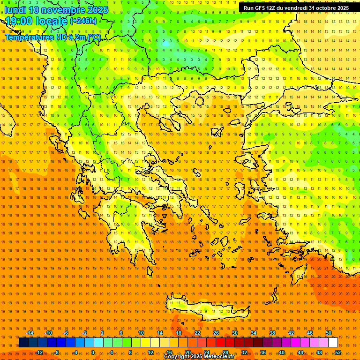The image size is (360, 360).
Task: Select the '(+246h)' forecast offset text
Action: (83, 21)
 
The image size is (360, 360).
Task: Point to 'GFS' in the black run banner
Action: (260, 8)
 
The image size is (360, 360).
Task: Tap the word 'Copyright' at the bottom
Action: (177, 357)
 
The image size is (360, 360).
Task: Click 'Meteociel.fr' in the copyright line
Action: (222, 357)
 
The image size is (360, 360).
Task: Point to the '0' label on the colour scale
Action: (93, 352)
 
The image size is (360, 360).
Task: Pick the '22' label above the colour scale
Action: (197, 333)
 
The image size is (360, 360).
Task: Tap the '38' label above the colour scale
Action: (272, 333)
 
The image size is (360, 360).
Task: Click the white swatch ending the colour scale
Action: (333, 343)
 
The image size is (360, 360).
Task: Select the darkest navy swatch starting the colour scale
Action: (23, 343)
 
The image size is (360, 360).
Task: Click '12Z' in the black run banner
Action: (272, 8)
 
